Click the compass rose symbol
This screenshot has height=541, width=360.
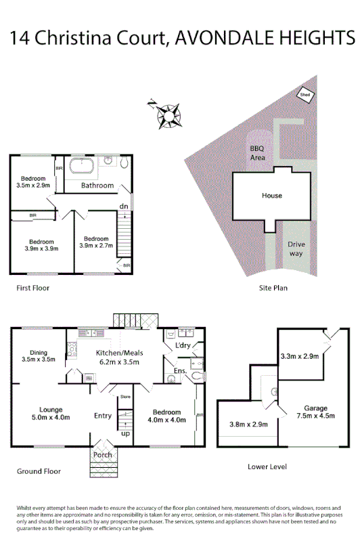pyautogui.click(x=164, y=113)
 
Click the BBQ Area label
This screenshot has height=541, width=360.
pyautogui.click(x=257, y=153)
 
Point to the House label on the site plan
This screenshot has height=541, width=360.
pyautogui.click(x=272, y=196)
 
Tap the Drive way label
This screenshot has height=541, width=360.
pyautogui.click(x=295, y=248)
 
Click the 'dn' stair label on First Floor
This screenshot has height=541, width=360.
pyautogui.click(x=124, y=206)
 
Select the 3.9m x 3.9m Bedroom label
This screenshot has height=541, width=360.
pyautogui.click(x=41, y=245)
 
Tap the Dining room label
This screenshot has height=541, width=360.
pyautogui.click(x=38, y=355)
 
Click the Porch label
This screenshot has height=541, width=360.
pyautogui.click(x=103, y=454)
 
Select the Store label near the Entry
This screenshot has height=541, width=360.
pyautogui.click(x=124, y=397)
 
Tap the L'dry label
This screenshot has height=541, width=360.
pyautogui.click(x=183, y=347)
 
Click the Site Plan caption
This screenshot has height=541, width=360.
pyautogui.click(x=273, y=288)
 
